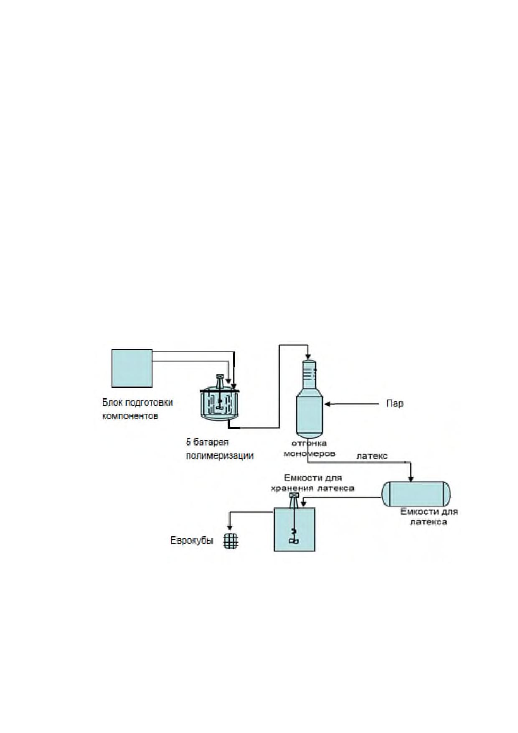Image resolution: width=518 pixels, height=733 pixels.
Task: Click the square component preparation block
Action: pyautogui.click(x=132, y=368)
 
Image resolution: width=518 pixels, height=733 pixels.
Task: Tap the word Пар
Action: pyautogui.click(x=395, y=404)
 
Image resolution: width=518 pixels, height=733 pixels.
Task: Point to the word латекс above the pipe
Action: pyautogui.click(x=372, y=456)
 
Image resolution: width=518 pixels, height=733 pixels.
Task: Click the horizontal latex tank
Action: pyautogui.click(x=416, y=494)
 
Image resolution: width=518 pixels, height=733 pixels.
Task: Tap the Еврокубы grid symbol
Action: pyautogui.click(x=231, y=541)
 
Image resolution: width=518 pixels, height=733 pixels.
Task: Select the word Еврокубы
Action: pyautogui.click(x=192, y=540)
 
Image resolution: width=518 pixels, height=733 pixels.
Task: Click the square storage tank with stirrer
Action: pyautogui.click(x=295, y=529)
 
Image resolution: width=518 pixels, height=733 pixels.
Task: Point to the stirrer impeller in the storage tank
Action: pyautogui.click(x=294, y=541)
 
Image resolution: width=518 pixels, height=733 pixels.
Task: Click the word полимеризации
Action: pyautogui.click(x=220, y=456)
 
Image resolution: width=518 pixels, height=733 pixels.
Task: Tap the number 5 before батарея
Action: pyautogui.click(x=188, y=442)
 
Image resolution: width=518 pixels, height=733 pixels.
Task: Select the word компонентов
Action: pyautogui.click(x=130, y=416)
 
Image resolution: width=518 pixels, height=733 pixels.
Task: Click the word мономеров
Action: pyautogui.click(x=310, y=453)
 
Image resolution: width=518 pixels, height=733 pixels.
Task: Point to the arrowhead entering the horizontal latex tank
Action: pyautogui.click(x=411, y=478)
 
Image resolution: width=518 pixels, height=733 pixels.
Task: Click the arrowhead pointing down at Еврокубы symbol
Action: pyautogui.click(x=229, y=528)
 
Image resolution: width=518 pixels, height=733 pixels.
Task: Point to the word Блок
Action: pyautogui.click(x=112, y=402)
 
